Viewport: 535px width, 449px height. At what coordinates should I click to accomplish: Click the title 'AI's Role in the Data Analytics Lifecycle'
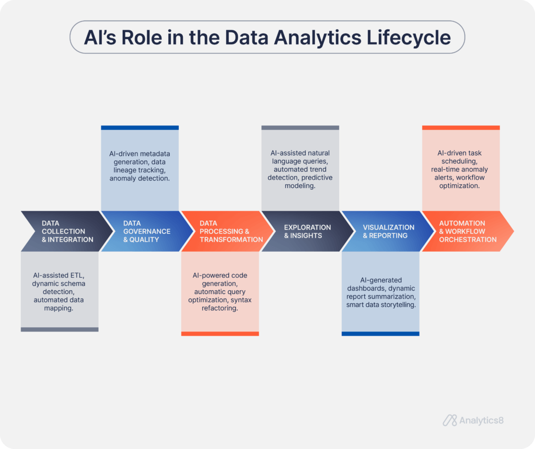pyautogui.click(x=267, y=37)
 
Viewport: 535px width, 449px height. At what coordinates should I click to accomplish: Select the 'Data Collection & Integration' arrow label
pyautogui.click(x=67, y=231)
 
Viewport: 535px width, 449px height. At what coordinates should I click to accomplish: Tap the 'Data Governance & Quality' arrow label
pyautogui.click(x=147, y=231)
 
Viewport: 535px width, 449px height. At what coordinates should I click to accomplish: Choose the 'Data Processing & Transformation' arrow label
pyautogui.click(x=231, y=231)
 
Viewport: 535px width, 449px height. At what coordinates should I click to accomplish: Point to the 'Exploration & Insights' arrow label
pyautogui.click(x=307, y=231)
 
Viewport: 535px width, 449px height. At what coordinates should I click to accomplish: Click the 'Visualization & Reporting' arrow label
pyautogui.click(x=389, y=231)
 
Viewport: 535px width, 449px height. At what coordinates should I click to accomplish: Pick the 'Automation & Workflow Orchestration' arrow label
pyautogui.click(x=468, y=231)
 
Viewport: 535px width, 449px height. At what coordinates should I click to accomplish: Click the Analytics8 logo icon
pyautogui.click(x=450, y=420)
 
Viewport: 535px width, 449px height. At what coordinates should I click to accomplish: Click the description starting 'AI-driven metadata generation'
pyautogui.click(x=139, y=166)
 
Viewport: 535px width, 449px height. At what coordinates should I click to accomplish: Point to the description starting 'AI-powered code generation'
pyautogui.click(x=220, y=292)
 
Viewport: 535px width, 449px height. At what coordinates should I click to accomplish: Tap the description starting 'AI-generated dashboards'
pyautogui.click(x=381, y=292)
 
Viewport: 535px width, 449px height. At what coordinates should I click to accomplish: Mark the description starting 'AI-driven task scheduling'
pyautogui.click(x=460, y=170)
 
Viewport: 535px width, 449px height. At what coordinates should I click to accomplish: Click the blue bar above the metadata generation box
pyautogui.click(x=139, y=127)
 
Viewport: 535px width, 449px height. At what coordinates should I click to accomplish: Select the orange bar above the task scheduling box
pyautogui.click(x=460, y=127)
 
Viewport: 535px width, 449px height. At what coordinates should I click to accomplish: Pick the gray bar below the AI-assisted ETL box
pyautogui.click(x=60, y=329)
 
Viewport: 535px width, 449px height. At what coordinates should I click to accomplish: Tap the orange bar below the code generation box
pyautogui.click(x=220, y=334)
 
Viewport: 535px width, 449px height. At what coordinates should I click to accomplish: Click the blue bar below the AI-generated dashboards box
pyautogui.click(x=380, y=334)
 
